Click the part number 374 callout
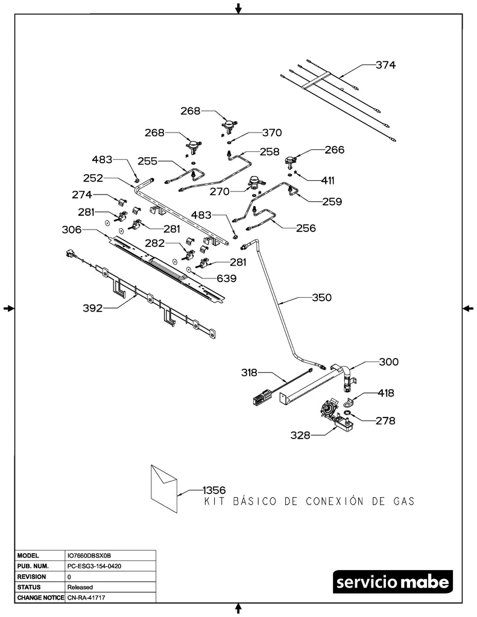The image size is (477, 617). click(385, 65)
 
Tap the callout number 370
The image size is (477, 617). click(271, 132)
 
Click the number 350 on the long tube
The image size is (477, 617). click(322, 298)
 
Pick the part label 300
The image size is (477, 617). click(388, 362)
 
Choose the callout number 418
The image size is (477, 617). click(386, 393)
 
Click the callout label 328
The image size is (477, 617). click(299, 435)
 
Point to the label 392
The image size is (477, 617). click(93, 308)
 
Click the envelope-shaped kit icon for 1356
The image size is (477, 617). click(164, 488)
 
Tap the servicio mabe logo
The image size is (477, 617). click(392, 583)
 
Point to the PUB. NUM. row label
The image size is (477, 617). click(33, 566)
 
